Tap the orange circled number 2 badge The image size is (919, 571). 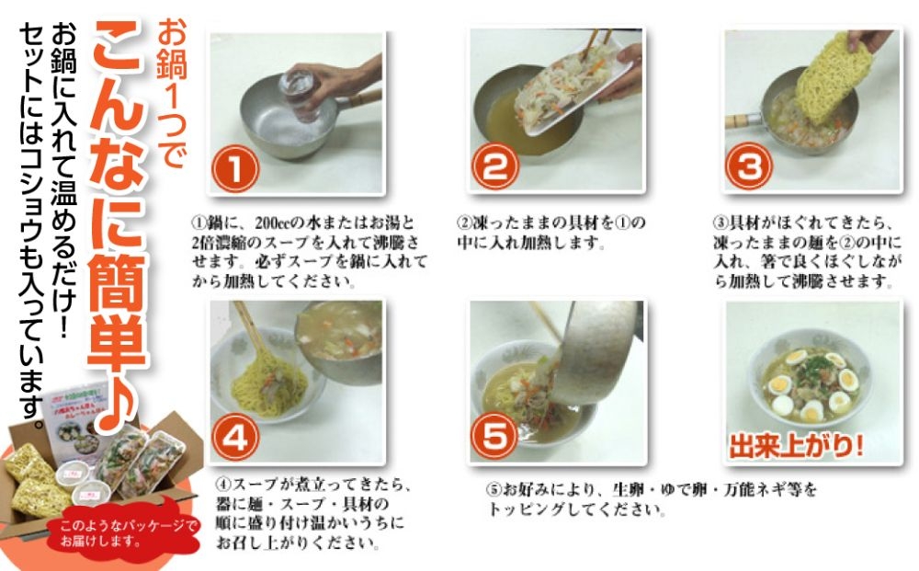click(495, 166)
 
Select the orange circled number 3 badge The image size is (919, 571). click(749, 166)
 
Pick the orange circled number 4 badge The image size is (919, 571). click(235, 439)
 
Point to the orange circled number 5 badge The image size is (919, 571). click(495, 436)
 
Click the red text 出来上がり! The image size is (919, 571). click(796, 446)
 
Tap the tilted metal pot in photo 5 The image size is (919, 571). click(598, 352)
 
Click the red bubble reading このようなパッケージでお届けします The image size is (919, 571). click(126, 531)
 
